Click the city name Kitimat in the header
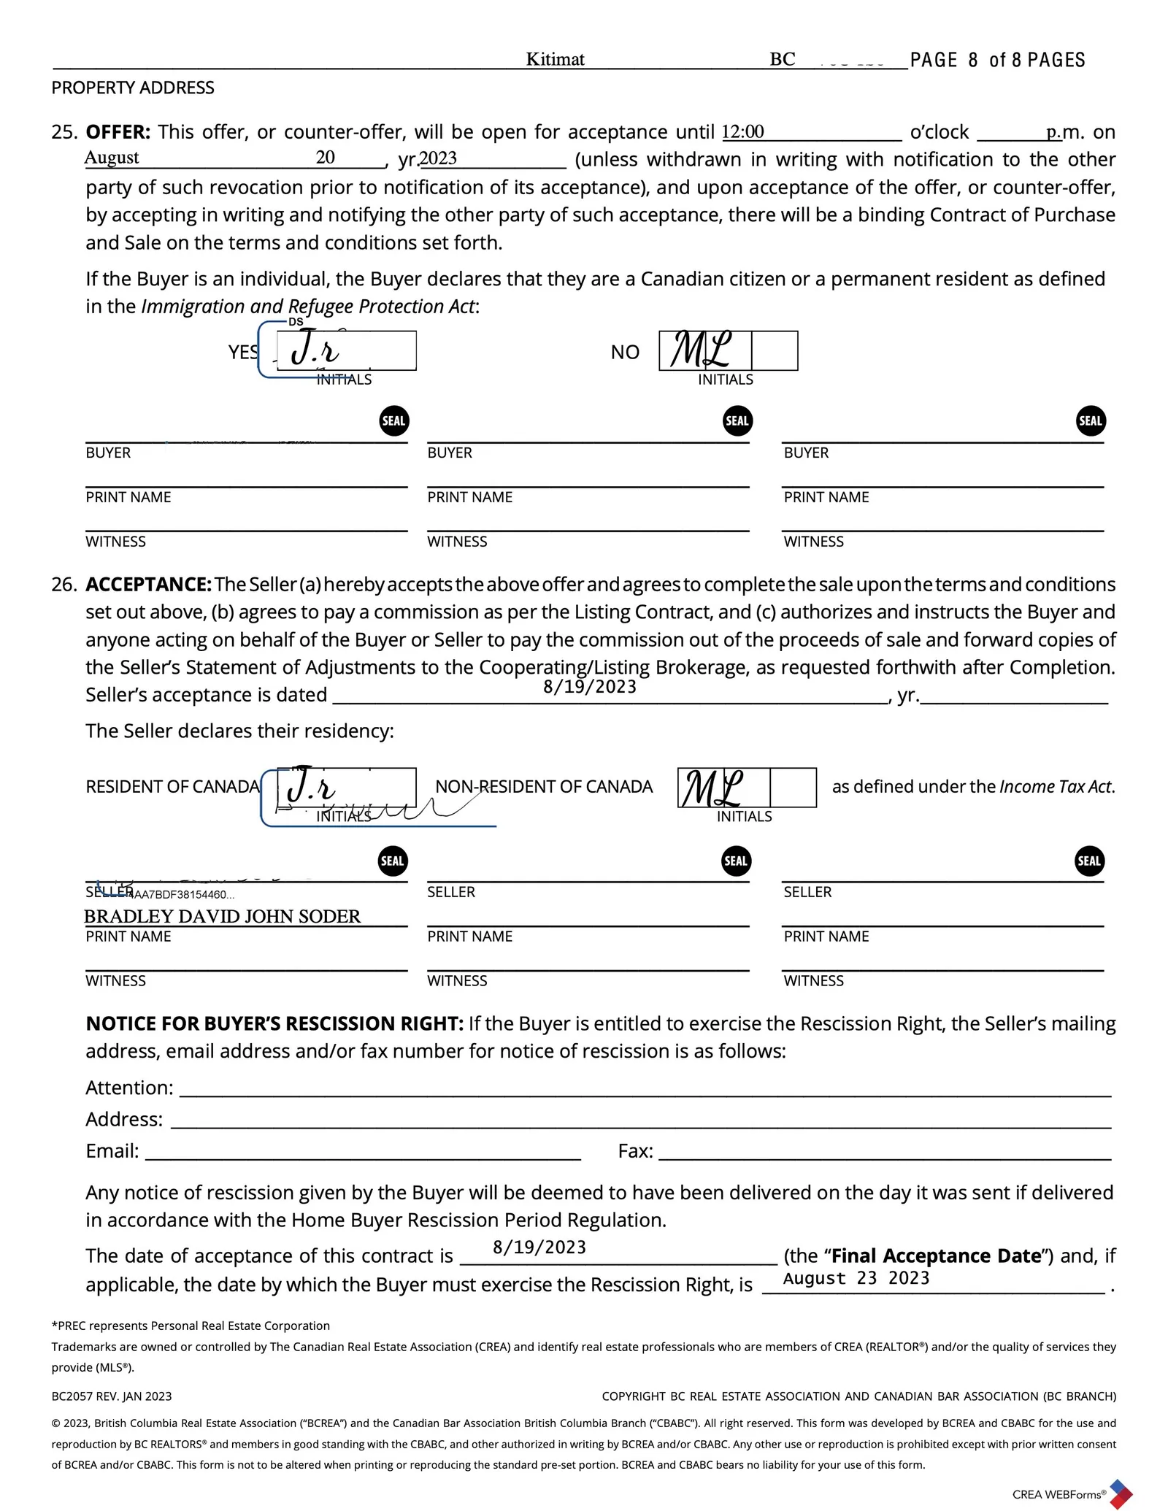tap(555, 59)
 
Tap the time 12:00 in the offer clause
tap(742, 132)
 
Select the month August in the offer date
tap(112, 158)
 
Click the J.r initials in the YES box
tap(315, 350)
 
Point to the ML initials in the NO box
tap(701, 350)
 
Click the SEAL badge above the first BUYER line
tap(393, 421)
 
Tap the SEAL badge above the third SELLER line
tap(1089, 861)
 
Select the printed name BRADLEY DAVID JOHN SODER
tap(223, 917)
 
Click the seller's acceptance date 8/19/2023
tap(590, 687)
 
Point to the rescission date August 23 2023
tap(856, 1278)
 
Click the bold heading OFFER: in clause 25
tap(118, 132)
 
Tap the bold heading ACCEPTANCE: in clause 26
tap(149, 585)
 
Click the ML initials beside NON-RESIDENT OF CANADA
tap(712, 788)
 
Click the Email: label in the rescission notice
tap(112, 1151)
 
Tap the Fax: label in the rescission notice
tap(635, 1151)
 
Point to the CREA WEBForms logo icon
tap(1121, 1493)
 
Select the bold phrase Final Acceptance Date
tap(936, 1256)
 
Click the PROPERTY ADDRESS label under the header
tap(133, 88)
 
